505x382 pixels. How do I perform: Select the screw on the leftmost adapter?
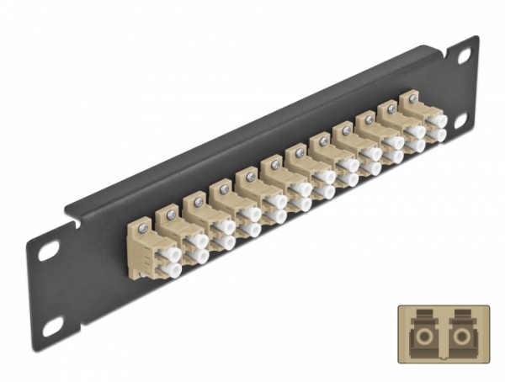tap(144, 225)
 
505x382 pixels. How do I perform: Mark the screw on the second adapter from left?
tap(171, 215)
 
